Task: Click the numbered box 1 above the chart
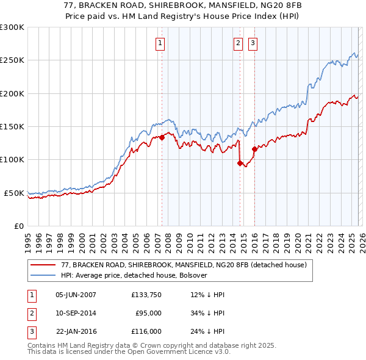pyautogui.click(x=160, y=43)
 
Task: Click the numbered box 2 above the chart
pyautogui.click(x=237, y=43)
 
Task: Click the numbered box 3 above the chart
pyautogui.click(x=252, y=43)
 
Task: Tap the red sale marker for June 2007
pyautogui.click(x=162, y=137)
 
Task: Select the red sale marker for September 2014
pyautogui.click(x=240, y=163)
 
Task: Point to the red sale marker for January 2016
pyautogui.click(x=254, y=149)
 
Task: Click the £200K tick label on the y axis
pyautogui.click(x=12, y=94)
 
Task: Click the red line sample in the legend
pyautogui.click(x=42, y=265)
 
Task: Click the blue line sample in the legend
pyautogui.click(x=42, y=275)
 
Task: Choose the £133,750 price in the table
pyautogui.click(x=146, y=294)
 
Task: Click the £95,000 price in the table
pyautogui.click(x=148, y=313)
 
